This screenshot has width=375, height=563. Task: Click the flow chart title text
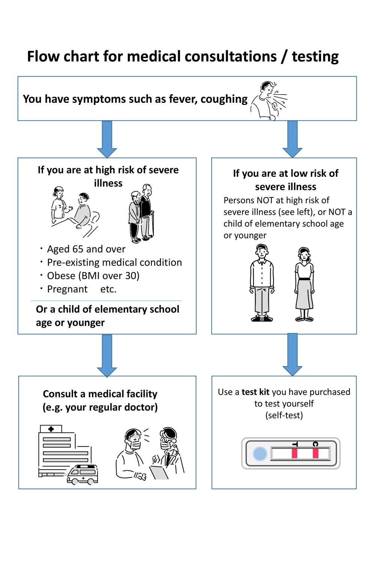pos(183,57)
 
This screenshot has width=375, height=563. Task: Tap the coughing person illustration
pos(269,100)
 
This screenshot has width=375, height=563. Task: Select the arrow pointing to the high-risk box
pos(107,139)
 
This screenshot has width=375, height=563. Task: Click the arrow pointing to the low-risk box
pos(292,139)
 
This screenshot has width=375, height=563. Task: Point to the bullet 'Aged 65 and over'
pos(86,249)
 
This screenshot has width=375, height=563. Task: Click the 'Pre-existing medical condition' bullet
pos(114,262)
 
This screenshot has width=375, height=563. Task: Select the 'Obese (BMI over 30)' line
pos(93,276)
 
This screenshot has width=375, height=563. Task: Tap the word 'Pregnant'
pos(67,289)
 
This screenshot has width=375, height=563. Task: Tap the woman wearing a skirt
pos(304,284)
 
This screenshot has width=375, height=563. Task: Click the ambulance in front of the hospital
pos(82,474)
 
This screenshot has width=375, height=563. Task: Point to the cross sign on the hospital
pos(51,429)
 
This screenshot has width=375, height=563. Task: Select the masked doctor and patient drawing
pos(150,454)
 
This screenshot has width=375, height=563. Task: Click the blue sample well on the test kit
pos(259,454)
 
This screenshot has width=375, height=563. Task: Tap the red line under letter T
pos(295,453)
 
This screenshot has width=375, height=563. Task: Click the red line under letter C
pos(315,453)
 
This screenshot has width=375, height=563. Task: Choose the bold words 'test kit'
pos(255,392)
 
